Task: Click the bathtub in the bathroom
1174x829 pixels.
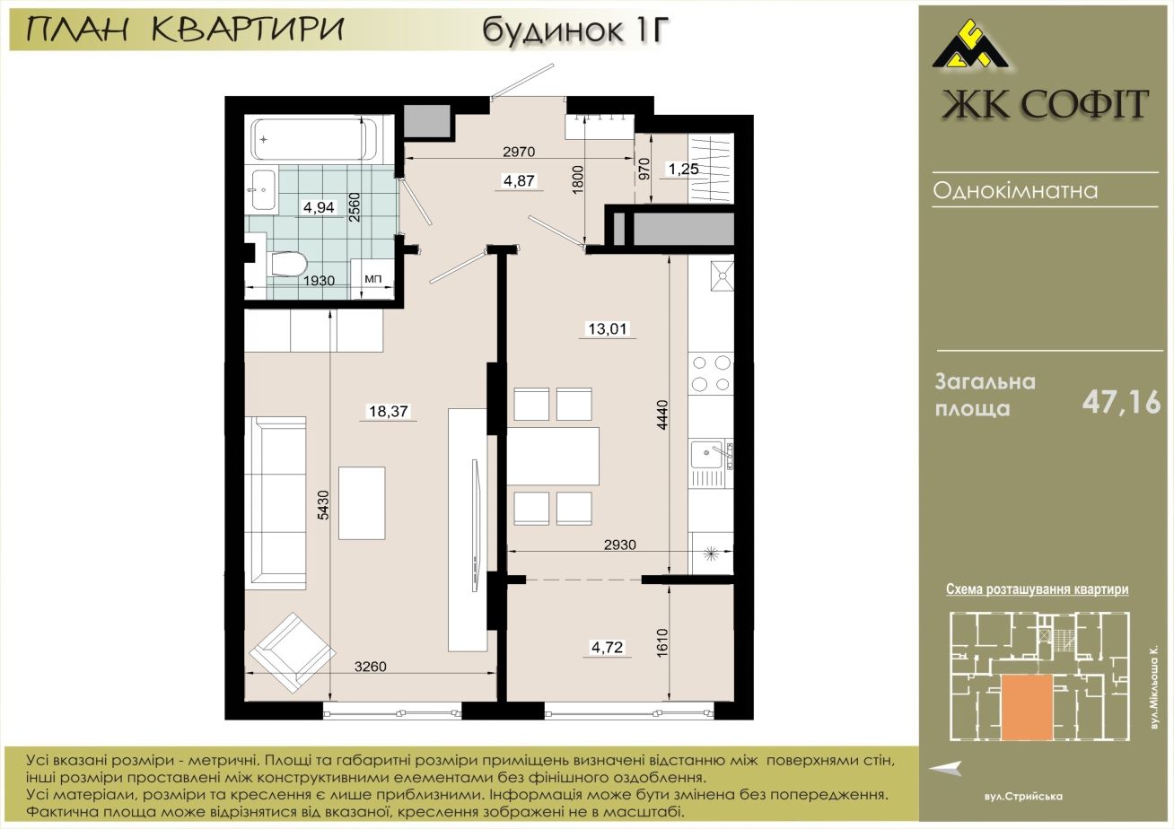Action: (x=314, y=139)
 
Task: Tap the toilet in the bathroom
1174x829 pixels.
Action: (x=288, y=264)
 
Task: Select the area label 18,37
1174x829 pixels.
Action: (x=389, y=411)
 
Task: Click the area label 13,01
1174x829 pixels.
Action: (x=608, y=329)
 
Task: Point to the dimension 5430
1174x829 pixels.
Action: (x=323, y=505)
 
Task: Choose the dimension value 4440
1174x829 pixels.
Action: (x=663, y=415)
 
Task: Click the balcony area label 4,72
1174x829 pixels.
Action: (x=608, y=647)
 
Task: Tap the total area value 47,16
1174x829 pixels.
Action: (x=1122, y=403)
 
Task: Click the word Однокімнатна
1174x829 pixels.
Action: (x=1015, y=190)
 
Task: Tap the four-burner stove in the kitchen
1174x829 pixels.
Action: (x=711, y=373)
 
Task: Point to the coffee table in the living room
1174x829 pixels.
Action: (x=362, y=503)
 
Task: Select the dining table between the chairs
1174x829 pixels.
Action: (x=554, y=456)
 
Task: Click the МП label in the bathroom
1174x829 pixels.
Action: (x=373, y=279)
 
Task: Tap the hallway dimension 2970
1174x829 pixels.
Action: (x=519, y=152)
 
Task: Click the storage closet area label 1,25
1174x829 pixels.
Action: (x=683, y=169)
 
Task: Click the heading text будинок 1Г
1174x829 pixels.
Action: (x=576, y=30)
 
